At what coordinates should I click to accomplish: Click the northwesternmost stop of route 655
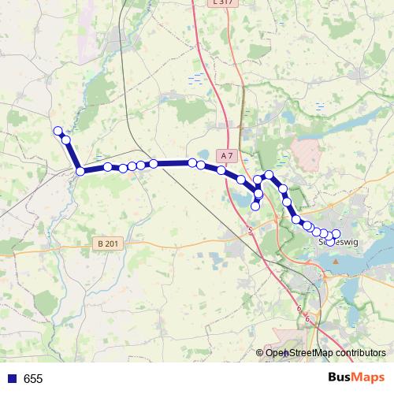coord(57,131)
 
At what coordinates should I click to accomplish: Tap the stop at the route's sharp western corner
coord(80,171)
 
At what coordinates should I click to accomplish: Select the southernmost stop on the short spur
coord(255,206)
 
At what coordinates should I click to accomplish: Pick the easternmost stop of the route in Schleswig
coord(336,233)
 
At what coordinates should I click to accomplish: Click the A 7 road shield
coord(228,155)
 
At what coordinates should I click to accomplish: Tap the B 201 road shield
coord(109,244)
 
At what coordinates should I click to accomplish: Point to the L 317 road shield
coord(222,2)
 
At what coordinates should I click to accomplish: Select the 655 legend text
coord(33,379)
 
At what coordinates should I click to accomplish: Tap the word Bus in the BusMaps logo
coord(340,378)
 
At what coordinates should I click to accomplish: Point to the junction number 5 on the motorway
coord(250,230)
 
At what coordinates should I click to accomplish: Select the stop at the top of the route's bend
coord(269,175)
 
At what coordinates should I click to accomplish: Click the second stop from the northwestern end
coord(66,140)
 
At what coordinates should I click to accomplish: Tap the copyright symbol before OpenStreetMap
coord(260,352)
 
